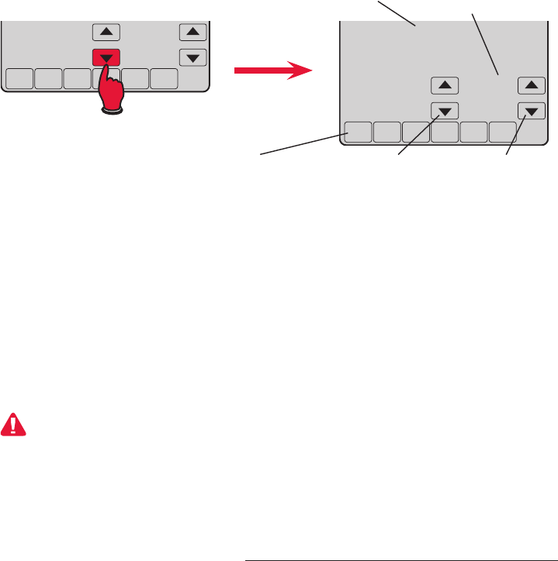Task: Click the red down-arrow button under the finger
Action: coord(106,57)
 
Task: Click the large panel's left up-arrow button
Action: coord(444,85)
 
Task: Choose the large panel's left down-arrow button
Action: coord(444,111)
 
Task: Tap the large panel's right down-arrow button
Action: coord(531,111)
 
